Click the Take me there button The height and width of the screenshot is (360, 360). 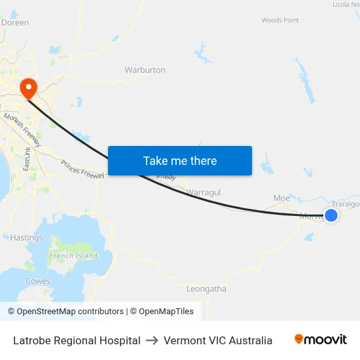(x=179, y=160)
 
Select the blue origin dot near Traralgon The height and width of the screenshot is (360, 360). (x=331, y=215)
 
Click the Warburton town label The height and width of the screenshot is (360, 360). (x=145, y=69)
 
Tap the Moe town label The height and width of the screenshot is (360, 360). (x=281, y=198)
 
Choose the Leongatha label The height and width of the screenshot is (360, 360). (x=206, y=288)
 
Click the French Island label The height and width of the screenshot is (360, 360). (x=74, y=256)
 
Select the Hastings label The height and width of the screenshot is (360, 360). (x=26, y=238)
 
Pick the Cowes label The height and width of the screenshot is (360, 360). (x=37, y=281)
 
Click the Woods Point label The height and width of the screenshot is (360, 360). (x=280, y=20)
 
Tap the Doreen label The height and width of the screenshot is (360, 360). (x=15, y=22)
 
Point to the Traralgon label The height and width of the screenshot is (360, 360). (x=346, y=204)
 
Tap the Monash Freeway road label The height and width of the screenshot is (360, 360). (x=22, y=129)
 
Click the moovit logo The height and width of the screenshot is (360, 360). (x=321, y=339)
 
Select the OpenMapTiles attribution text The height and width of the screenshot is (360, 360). (x=162, y=312)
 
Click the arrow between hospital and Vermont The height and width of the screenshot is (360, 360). (x=152, y=340)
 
